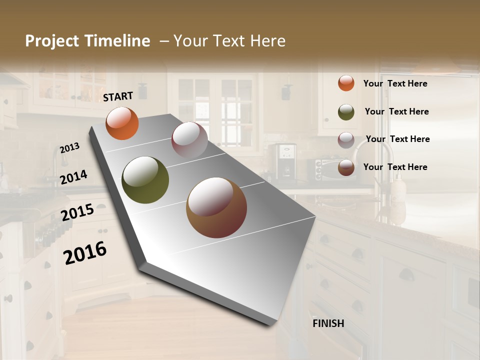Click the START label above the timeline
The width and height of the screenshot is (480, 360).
[x=118, y=96]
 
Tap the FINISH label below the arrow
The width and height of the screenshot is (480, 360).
[x=328, y=323]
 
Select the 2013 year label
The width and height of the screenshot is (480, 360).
[x=70, y=148]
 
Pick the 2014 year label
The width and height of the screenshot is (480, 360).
[x=74, y=177]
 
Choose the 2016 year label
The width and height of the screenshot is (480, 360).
[x=85, y=252]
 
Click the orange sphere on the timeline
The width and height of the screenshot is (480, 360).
[x=122, y=123]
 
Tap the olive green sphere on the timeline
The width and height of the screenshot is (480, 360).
[x=145, y=180]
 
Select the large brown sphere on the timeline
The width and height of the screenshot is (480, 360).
[x=216, y=207]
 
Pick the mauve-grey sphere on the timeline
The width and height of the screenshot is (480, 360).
[x=189, y=140]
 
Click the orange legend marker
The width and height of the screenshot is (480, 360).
[x=346, y=83]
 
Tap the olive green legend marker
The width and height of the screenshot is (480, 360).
[x=346, y=112]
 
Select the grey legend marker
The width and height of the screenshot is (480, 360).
[x=346, y=139]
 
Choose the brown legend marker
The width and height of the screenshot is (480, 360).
[x=346, y=167]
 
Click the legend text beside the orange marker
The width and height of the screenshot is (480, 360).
[x=395, y=83]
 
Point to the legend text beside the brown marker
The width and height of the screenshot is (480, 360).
[x=395, y=167]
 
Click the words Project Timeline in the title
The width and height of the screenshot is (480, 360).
[x=87, y=41]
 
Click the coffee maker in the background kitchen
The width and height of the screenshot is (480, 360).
[x=282, y=161]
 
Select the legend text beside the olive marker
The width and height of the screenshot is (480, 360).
[x=396, y=111]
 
